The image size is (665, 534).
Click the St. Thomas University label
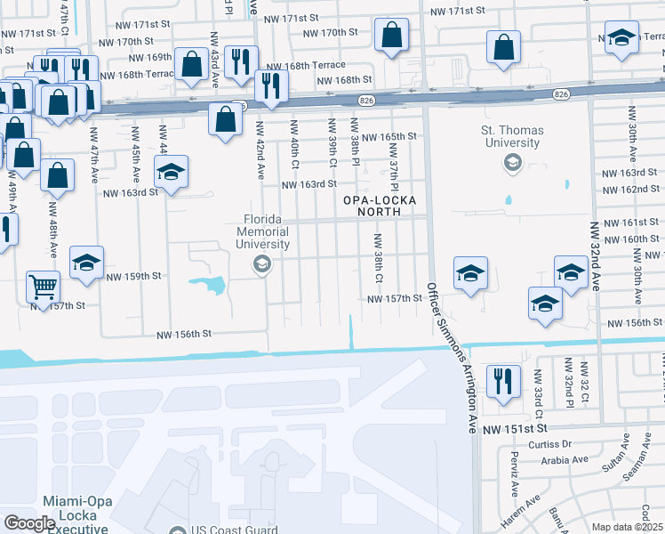coord(511,137)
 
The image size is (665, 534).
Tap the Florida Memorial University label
coord(268,231)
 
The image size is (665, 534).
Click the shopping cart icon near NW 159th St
coord(42,287)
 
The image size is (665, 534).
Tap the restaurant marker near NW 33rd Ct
coord(503,382)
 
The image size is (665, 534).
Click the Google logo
coord(28,523)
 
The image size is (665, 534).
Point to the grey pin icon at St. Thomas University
coord(512,162)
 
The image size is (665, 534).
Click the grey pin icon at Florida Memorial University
coord(261,263)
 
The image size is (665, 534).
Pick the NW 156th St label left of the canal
coord(185,335)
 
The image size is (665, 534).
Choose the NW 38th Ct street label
coord(378,259)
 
